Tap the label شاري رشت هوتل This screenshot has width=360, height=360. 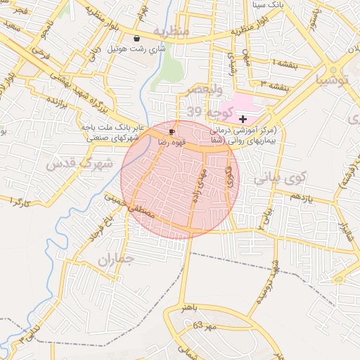tap(136, 51)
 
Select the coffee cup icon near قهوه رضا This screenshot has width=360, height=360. tap(172, 131)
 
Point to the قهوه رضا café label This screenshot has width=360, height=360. tap(172, 142)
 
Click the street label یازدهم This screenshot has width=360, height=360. tap(299, 196)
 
